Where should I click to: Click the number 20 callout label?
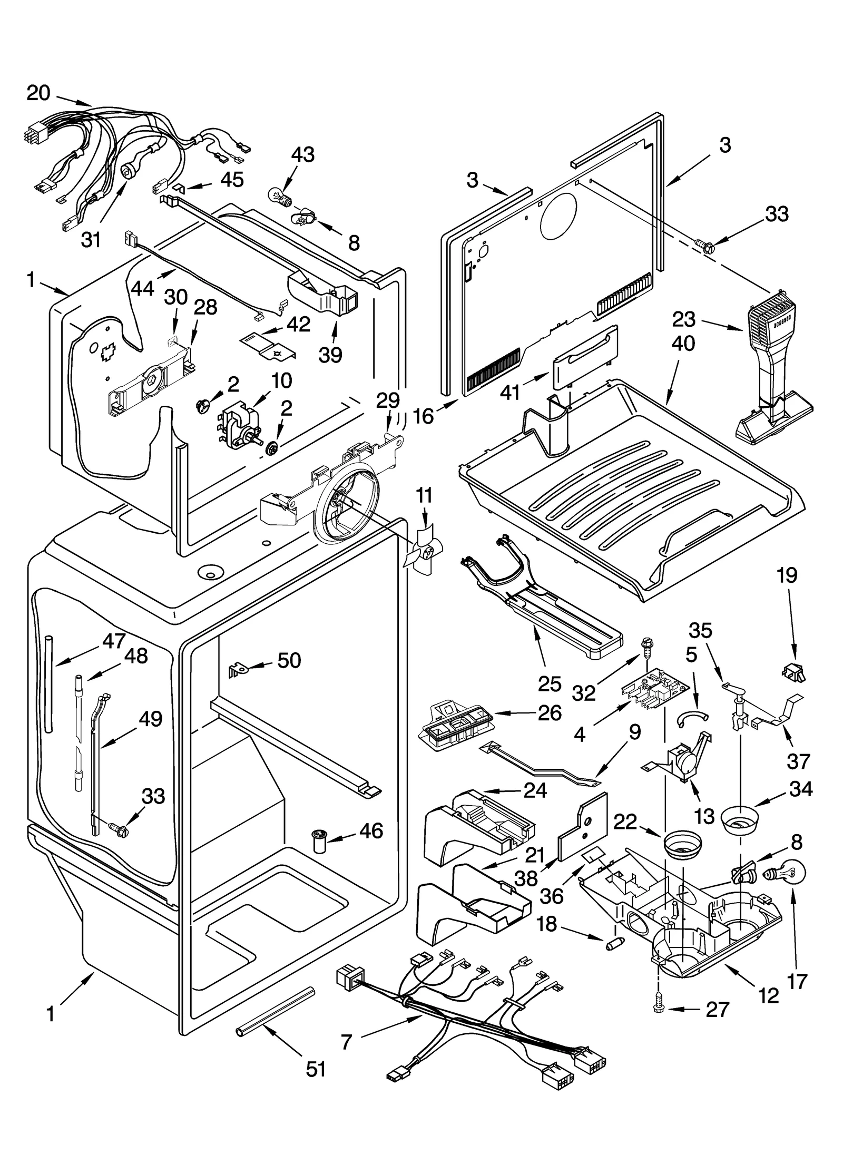pyautogui.click(x=38, y=93)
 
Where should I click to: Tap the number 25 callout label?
pyautogui.click(x=550, y=683)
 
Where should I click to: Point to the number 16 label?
pyautogui.click(x=423, y=416)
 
